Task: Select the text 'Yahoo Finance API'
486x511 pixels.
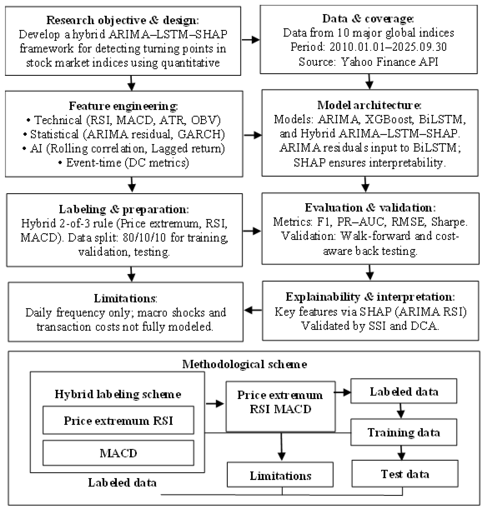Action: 390,62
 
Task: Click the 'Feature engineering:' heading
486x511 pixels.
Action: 123,106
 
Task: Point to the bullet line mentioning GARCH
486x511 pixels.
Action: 124,134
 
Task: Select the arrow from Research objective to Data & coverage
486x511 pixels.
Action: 251,40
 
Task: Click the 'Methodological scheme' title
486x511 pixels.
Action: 245,364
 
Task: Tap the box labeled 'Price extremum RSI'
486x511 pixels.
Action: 118,421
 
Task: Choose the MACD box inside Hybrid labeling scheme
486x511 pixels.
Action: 118,453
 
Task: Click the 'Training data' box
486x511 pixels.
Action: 404,432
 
